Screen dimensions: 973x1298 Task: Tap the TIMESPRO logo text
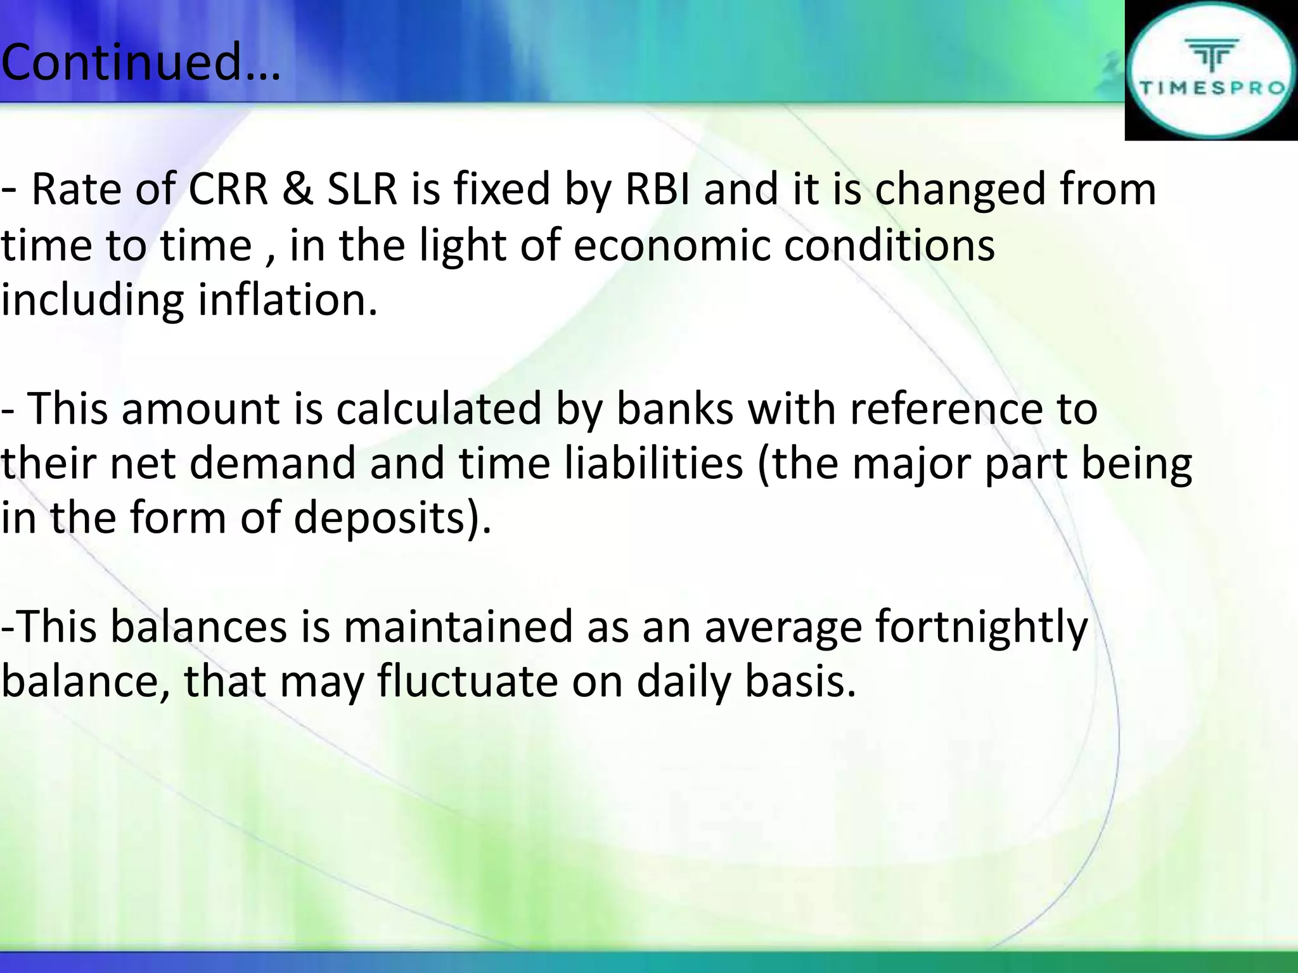coord(1212,88)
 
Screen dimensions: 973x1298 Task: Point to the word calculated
coord(439,409)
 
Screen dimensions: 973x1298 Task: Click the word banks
coord(674,409)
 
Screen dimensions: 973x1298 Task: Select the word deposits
coord(392,519)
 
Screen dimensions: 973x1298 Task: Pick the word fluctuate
coord(467,682)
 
